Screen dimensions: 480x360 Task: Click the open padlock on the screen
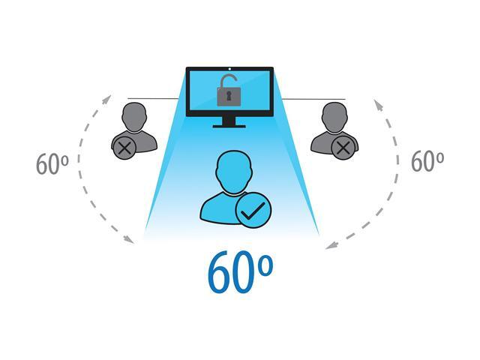[x=228, y=90]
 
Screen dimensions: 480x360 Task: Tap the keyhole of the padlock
[x=229, y=95]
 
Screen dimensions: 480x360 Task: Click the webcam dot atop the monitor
[x=229, y=69]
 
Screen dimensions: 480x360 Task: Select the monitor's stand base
[x=229, y=126]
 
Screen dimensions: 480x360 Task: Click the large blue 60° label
[x=240, y=271]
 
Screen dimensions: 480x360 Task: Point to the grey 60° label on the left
[x=52, y=164]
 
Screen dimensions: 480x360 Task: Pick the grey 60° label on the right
[x=427, y=161]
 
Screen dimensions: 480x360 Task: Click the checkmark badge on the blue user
[x=253, y=210]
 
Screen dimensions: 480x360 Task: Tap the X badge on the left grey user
[x=124, y=148]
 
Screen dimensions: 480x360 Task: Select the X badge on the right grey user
[x=344, y=148]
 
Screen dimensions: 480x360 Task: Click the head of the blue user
[x=233, y=172]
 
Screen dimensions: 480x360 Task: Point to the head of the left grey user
[x=134, y=117]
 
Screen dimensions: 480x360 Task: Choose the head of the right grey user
[x=334, y=117]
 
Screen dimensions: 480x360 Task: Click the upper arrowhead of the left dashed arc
[x=107, y=99]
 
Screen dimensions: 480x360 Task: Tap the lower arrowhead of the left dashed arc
[x=129, y=240]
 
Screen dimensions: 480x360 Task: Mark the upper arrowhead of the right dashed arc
[x=378, y=105]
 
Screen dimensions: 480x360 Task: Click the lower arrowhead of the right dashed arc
[x=331, y=245]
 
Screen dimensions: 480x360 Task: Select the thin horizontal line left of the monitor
[x=153, y=98]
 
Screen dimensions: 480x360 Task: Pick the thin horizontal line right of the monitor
[x=313, y=99]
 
